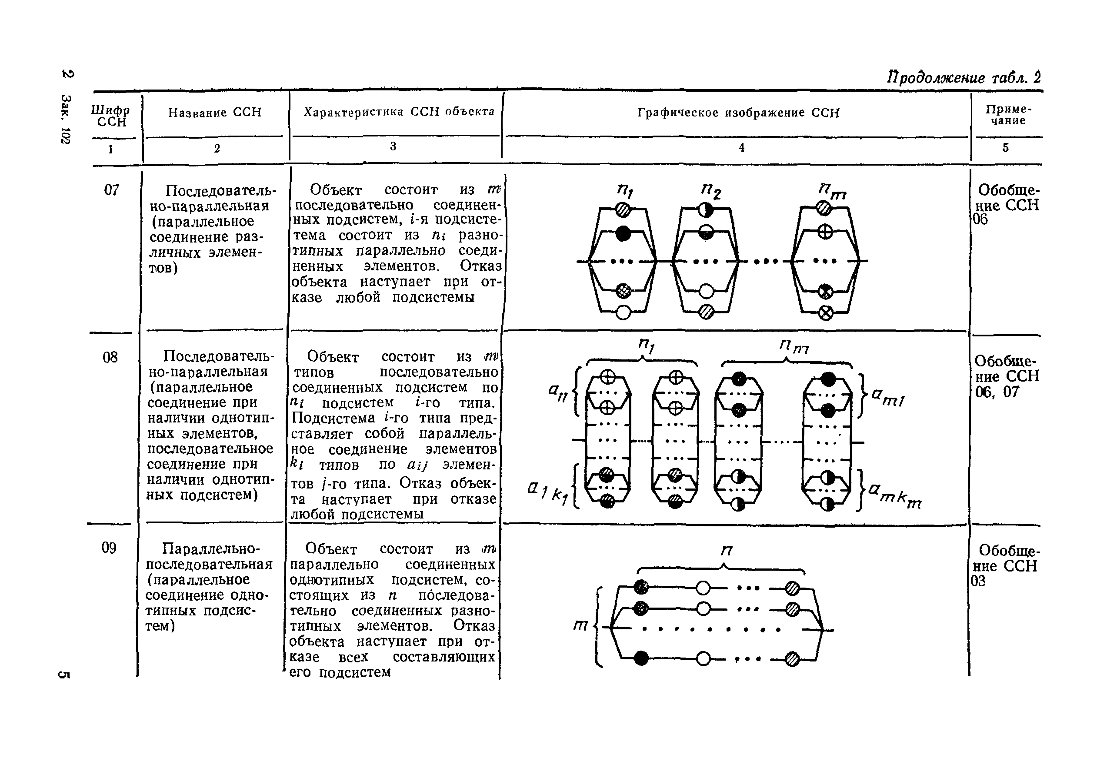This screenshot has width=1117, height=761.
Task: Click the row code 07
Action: pos(111,190)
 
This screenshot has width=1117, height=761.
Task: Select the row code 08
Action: pos(110,357)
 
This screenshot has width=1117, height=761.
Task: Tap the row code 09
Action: pos(109,548)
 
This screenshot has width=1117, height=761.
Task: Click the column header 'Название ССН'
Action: pos(215,113)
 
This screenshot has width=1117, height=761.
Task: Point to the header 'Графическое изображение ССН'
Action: pos(738,113)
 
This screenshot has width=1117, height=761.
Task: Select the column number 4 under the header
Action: pos(742,148)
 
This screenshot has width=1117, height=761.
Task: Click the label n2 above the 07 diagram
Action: pos(711,191)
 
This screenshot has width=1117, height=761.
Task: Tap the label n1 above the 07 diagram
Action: pos(625,191)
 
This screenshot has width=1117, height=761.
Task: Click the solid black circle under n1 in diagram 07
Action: pos(623,233)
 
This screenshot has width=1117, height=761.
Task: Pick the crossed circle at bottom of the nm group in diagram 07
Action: pos(825,314)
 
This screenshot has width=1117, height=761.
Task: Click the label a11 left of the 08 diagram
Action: pos(558,393)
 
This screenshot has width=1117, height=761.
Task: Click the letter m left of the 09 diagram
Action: pos(580,625)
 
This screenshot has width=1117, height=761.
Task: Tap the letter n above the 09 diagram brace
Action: pos(726,551)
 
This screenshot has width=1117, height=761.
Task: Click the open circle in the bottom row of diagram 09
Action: pos(703,658)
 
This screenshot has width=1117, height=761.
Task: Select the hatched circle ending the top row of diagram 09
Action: pos(793,588)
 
